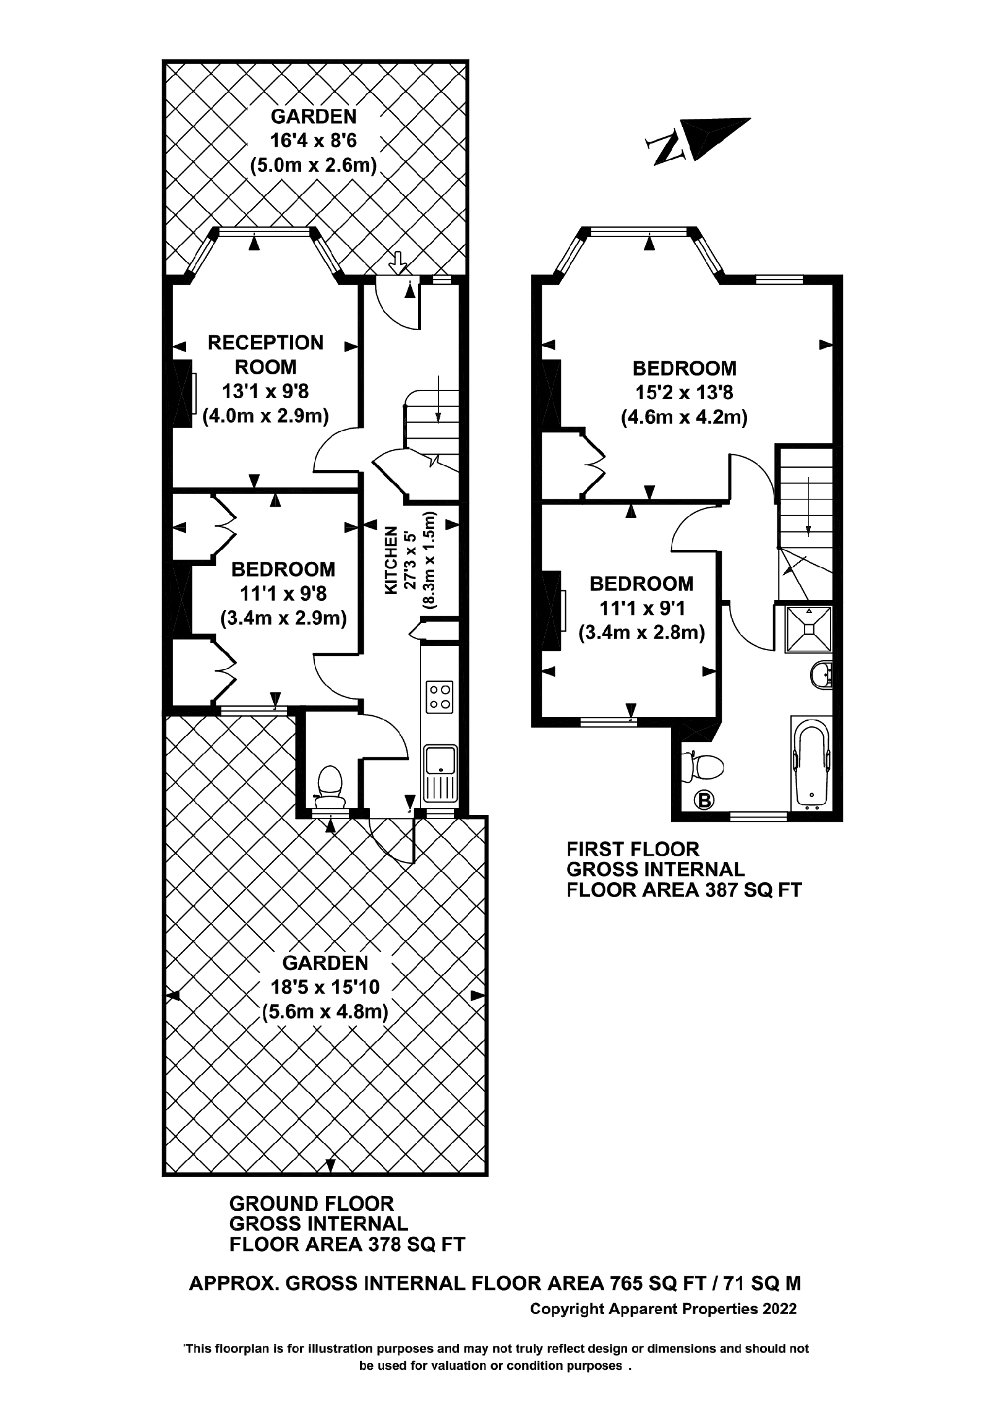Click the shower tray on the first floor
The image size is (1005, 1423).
(808, 629)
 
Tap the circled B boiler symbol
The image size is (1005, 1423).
(704, 801)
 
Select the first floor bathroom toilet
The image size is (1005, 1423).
(703, 767)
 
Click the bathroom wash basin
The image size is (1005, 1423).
(823, 675)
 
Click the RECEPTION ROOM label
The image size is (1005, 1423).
(265, 355)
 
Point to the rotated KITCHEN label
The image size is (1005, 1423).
(391, 561)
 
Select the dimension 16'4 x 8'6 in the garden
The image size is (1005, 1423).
(314, 140)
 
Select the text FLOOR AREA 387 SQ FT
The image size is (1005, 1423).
(683, 891)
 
